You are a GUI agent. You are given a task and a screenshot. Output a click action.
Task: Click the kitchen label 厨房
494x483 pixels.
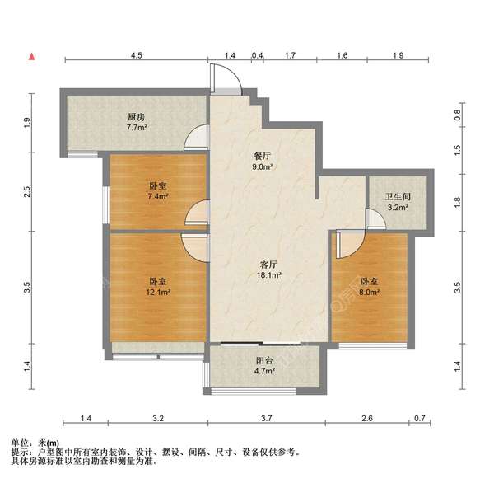[137, 117]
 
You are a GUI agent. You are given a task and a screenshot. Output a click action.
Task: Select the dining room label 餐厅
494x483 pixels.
[263, 155]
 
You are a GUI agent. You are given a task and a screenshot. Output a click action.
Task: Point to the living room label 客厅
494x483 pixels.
[268, 265]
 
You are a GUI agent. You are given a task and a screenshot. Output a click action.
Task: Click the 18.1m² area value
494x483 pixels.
[268, 276]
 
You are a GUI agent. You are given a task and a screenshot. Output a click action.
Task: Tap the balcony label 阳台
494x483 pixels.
[264, 359]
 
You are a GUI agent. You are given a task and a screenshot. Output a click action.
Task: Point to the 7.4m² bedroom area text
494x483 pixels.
[158, 197]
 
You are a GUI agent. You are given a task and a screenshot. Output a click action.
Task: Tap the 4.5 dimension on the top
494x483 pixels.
[137, 54]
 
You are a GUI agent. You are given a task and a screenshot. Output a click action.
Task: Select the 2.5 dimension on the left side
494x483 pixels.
[27, 192]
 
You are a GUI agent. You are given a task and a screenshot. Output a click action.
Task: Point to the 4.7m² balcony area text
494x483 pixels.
[264, 371]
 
